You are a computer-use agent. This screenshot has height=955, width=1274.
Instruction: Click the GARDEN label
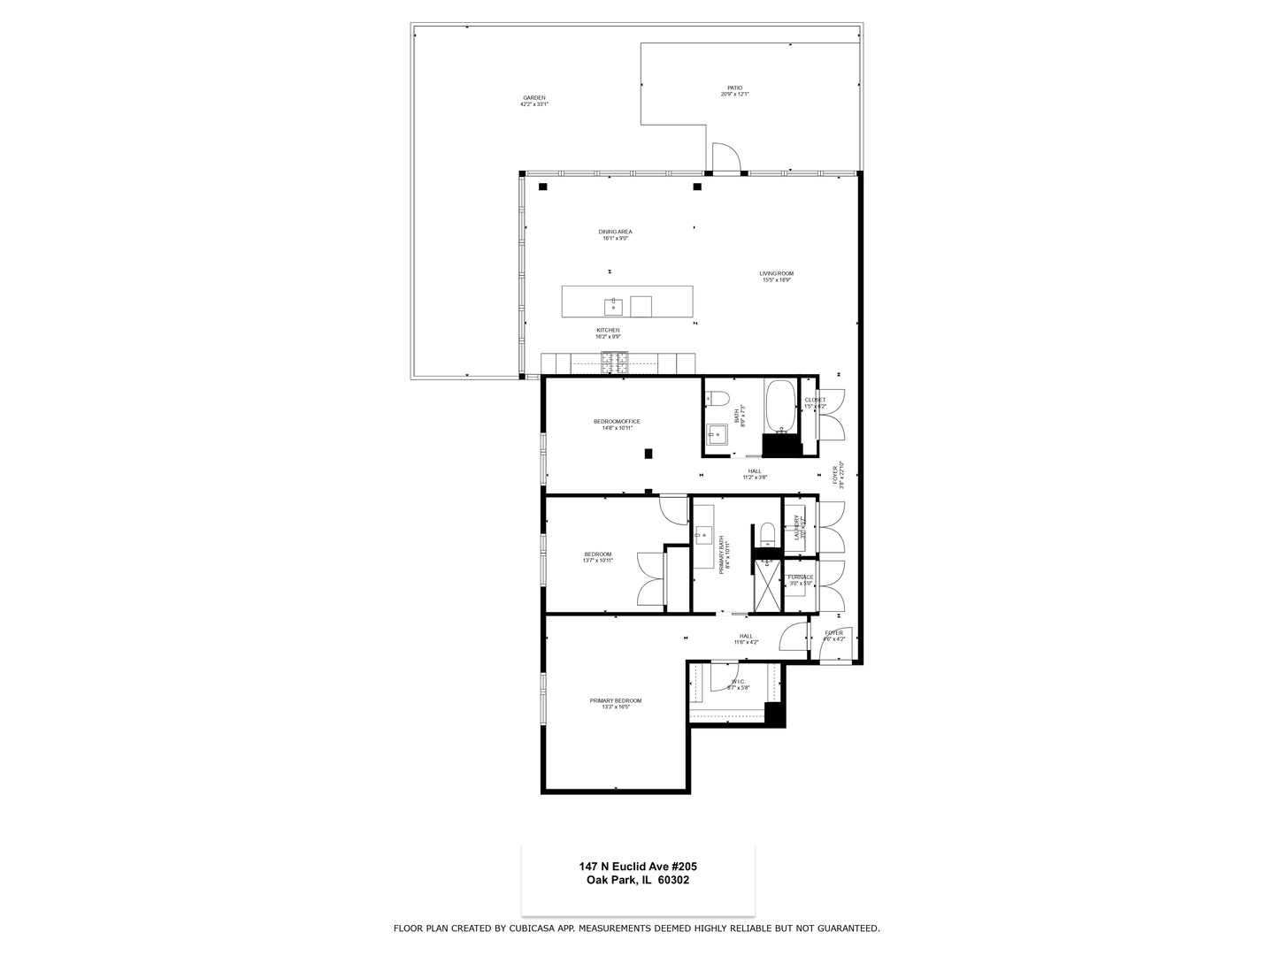click(534, 98)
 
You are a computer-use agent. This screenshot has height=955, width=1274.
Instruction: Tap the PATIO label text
click(734, 88)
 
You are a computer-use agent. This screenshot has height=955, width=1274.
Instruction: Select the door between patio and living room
click(725, 159)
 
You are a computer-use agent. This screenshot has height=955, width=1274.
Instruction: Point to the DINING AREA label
click(616, 232)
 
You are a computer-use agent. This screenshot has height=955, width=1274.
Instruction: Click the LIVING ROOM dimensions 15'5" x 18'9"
click(776, 280)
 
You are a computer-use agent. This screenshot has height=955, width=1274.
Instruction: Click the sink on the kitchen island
click(614, 306)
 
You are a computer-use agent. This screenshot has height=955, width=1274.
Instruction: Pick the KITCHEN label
click(608, 330)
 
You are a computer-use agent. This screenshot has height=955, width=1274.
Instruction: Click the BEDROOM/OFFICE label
click(617, 421)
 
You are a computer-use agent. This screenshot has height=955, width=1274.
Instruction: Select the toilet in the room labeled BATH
click(717, 398)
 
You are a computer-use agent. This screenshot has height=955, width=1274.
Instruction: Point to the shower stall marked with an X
click(767, 588)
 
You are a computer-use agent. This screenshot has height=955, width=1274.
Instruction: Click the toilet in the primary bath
click(767, 532)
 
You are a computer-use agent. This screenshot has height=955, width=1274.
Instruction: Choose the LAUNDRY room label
click(797, 528)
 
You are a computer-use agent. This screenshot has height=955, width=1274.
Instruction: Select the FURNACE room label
click(801, 577)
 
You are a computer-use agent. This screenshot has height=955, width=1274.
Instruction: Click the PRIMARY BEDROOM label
click(616, 700)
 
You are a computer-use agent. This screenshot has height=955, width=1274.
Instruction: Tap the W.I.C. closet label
click(738, 682)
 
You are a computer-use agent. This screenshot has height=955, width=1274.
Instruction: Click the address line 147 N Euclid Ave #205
click(638, 867)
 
